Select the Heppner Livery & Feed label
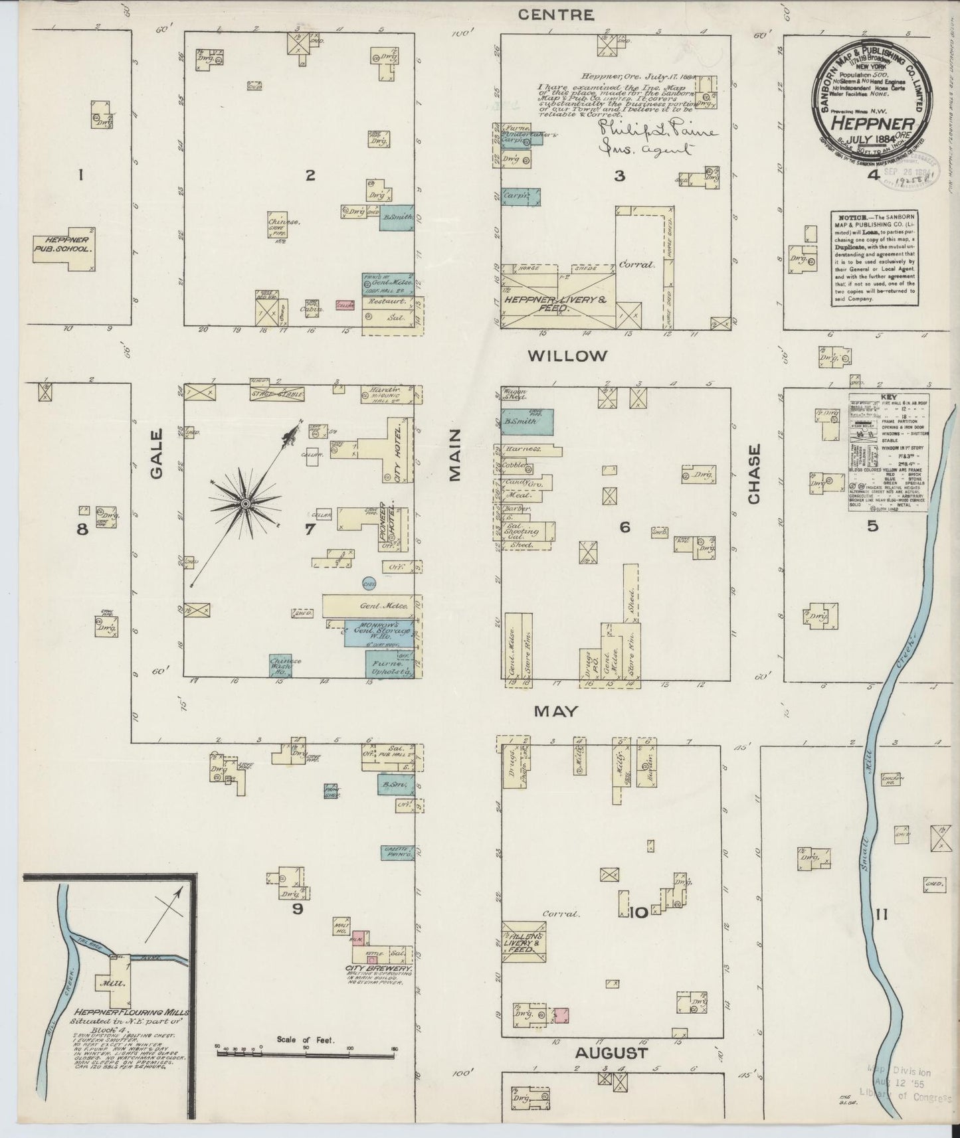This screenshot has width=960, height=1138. click(x=555, y=304)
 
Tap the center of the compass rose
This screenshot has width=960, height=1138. click(x=246, y=505)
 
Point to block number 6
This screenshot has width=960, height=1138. click(x=624, y=527)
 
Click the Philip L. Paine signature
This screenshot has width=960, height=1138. click(x=657, y=131)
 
